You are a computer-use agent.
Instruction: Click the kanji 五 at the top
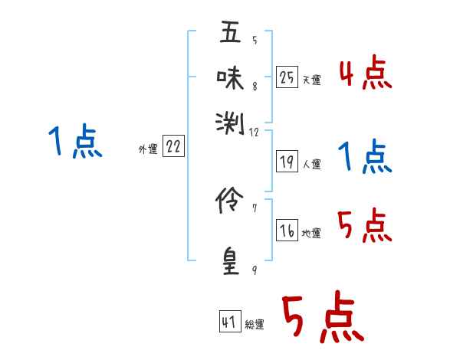(x=230, y=34)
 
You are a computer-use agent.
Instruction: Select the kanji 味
(x=230, y=77)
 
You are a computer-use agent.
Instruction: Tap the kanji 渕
(x=230, y=121)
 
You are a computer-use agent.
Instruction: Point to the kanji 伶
(x=230, y=202)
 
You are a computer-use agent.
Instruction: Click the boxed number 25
(x=287, y=77)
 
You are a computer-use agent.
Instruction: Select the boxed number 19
(x=287, y=162)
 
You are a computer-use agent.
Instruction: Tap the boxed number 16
(x=287, y=231)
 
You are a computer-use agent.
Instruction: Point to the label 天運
(x=311, y=80)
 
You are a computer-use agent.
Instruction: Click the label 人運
(x=311, y=164)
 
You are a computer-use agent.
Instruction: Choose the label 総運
(x=255, y=324)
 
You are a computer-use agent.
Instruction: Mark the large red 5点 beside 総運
(x=323, y=319)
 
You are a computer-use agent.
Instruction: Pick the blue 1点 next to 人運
(x=365, y=157)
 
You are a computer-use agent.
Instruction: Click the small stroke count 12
(x=255, y=132)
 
